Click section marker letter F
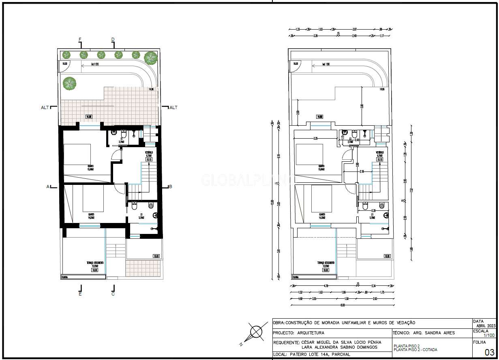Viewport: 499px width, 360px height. pyautogui.click(x=80, y=39)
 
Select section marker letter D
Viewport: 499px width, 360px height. pyautogui.click(x=113, y=39)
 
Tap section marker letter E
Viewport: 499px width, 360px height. pyautogui.click(x=80, y=294)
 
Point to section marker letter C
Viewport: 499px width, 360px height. pyautogui.click(x=113, y=294)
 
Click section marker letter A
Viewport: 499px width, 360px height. pyautogui.click(x=48, y=186)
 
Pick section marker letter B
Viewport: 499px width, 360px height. pyautogui.click(x=171, y=186)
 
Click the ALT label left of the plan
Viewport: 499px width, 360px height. pyautogui.click(x=45, y=107)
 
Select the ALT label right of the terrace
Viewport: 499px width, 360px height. pyautogui.click(x=173, y=107)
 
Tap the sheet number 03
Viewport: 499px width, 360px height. pyautogui.click(x=489, y=352)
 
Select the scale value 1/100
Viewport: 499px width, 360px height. pyautogui.click(x=488, y=336)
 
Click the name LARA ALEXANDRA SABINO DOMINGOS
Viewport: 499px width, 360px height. pyautogui.click(x=339, y=347)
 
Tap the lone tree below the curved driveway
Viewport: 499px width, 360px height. pyautogui.click(x=69, y=83)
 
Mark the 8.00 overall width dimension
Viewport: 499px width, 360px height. pyautogui.click(x=343, y=305)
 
